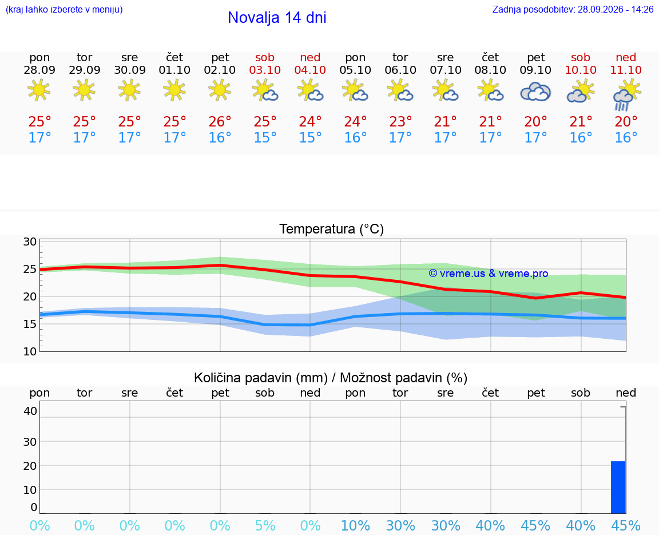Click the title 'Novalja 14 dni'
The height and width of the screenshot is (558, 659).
pos(277,18)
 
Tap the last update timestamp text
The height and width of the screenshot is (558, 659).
pos(573,9)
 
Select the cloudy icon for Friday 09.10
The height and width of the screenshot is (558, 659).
pos(535,92)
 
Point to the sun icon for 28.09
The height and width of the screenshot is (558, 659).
pos(39,90)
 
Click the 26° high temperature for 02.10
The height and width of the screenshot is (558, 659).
pos(220,122)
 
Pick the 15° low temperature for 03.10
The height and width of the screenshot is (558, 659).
pos(265,137)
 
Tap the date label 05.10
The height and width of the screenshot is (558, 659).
pos(355,70)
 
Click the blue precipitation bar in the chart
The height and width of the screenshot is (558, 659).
pos(618,488)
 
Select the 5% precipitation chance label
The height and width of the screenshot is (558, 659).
pos(265,525)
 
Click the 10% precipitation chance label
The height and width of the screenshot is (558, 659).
pos(355,525)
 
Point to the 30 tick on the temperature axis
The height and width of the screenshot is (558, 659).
pos(30,242)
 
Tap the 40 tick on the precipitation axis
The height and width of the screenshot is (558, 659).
pos(30,411)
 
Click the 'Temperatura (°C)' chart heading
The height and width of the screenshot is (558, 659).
pos(332,229)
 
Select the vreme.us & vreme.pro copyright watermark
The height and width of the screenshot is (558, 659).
pos(489,274)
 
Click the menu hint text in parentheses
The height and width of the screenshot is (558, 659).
pos(64,9)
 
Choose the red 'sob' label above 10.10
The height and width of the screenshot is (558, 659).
pos(581,57)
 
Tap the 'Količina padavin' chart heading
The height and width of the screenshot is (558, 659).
pos(261,378)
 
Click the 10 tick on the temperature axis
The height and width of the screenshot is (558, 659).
pos(30,351)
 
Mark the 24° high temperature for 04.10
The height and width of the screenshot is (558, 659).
pos(310,122)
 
